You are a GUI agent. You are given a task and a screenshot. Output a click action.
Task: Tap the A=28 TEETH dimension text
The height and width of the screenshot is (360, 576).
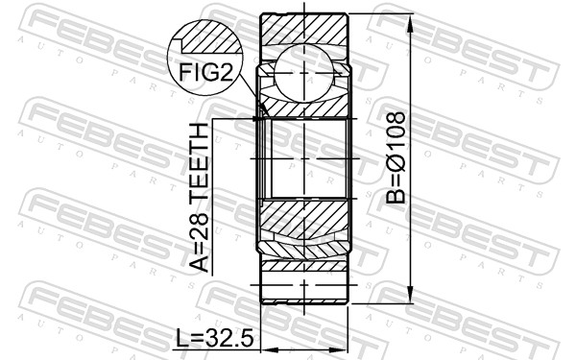coord(200,197)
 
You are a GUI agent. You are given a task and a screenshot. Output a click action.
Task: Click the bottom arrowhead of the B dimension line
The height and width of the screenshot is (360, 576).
coord(411,297)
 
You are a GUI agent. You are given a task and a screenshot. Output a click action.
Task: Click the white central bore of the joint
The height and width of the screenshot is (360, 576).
coord(303,158)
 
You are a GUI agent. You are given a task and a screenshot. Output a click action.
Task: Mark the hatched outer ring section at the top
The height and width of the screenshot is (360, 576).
coord(303,27)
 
